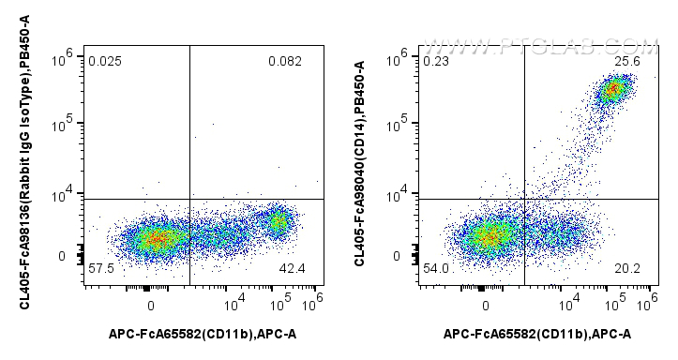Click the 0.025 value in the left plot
104,62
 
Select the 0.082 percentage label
284,62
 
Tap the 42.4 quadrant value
292,269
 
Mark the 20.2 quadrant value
626,269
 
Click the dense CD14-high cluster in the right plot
612,90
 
